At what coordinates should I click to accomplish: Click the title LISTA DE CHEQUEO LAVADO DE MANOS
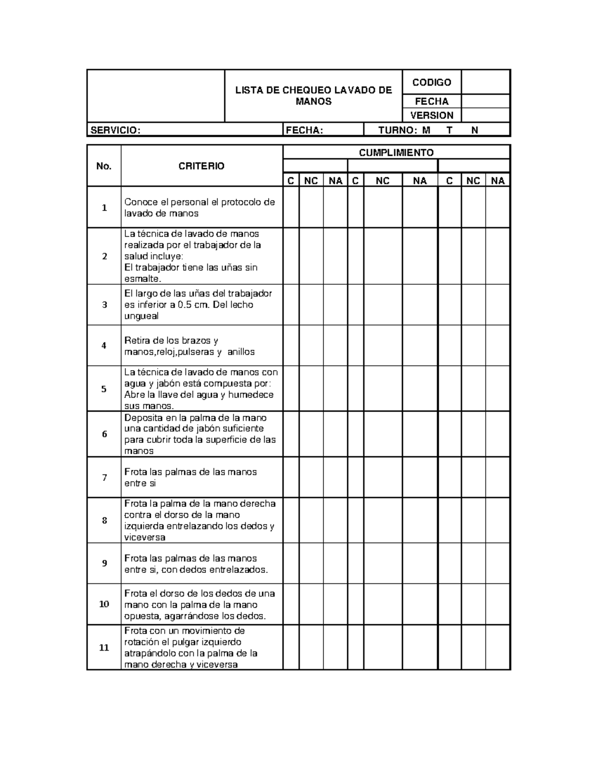[x=313, y=96]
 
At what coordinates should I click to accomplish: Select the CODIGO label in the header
[x=431, y=82]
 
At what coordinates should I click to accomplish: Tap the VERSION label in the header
[x=431, y=115]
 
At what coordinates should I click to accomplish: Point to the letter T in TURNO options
[x=450, y=130]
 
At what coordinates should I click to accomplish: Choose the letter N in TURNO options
[x=475, y=130]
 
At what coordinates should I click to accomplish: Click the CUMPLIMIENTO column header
[x=396, y=153]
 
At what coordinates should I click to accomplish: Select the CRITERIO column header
[x=201, y=166]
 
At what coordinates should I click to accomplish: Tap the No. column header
[x=104, y=166]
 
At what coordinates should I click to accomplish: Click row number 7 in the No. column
[x=104, y=478]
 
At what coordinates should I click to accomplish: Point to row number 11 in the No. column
[x=104, y=648]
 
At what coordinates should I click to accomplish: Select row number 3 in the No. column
[x=104, y=305]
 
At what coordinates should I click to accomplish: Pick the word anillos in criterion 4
[x=241, y=352]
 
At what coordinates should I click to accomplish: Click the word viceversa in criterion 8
[x=145, y=538]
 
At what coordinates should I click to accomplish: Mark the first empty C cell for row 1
[x=291, y=208]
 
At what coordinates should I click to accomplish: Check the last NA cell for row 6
[x=497, y=434]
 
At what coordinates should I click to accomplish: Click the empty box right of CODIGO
[x=486, y=82]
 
